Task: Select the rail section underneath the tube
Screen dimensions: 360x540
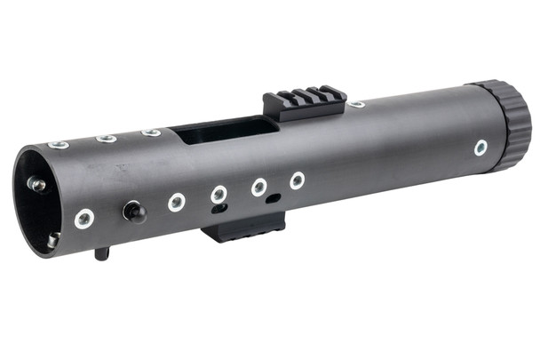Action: [x=243, y=228]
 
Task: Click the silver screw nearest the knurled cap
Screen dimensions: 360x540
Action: [x=480, y=147]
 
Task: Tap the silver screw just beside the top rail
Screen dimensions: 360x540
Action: [x=356, y=105]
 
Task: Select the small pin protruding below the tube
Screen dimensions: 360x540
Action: [x=102, y=253]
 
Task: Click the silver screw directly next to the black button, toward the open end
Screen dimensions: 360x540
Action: [x=84, y=218]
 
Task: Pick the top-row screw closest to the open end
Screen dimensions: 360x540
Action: [x=59, y=144]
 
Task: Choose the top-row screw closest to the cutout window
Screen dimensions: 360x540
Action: [x=151, y=132]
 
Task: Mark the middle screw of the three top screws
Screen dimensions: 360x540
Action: [x=107, y=138]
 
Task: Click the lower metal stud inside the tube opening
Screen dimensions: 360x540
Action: [x=53, y=239]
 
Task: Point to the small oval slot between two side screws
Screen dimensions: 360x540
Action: [x=274, y=197]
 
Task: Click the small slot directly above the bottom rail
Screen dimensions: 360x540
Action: [x=219, y=210]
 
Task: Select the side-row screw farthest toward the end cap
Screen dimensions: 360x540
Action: [x=297, y=180]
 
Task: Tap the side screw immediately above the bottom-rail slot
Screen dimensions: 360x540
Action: [x=218, y=193]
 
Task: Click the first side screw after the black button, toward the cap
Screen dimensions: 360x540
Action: [x=177, y=202]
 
